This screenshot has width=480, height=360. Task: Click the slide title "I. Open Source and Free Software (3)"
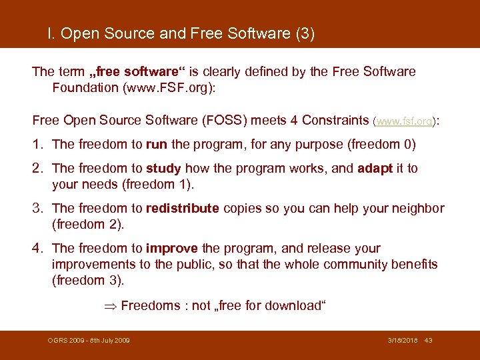click(181, 33)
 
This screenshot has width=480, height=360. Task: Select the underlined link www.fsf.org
click(405, 121)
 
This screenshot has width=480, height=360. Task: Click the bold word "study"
click(164, 168)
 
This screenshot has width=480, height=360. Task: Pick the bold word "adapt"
click(375, 168)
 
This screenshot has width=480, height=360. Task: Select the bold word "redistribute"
click(182, 208)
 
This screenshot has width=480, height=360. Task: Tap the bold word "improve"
click(171, 248)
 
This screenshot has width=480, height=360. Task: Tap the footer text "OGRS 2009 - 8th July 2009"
click(89, 341)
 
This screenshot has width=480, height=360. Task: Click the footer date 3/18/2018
click(403, 341)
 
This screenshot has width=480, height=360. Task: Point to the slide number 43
click(428, 341)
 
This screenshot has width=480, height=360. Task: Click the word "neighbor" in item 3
click(418, 208)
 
